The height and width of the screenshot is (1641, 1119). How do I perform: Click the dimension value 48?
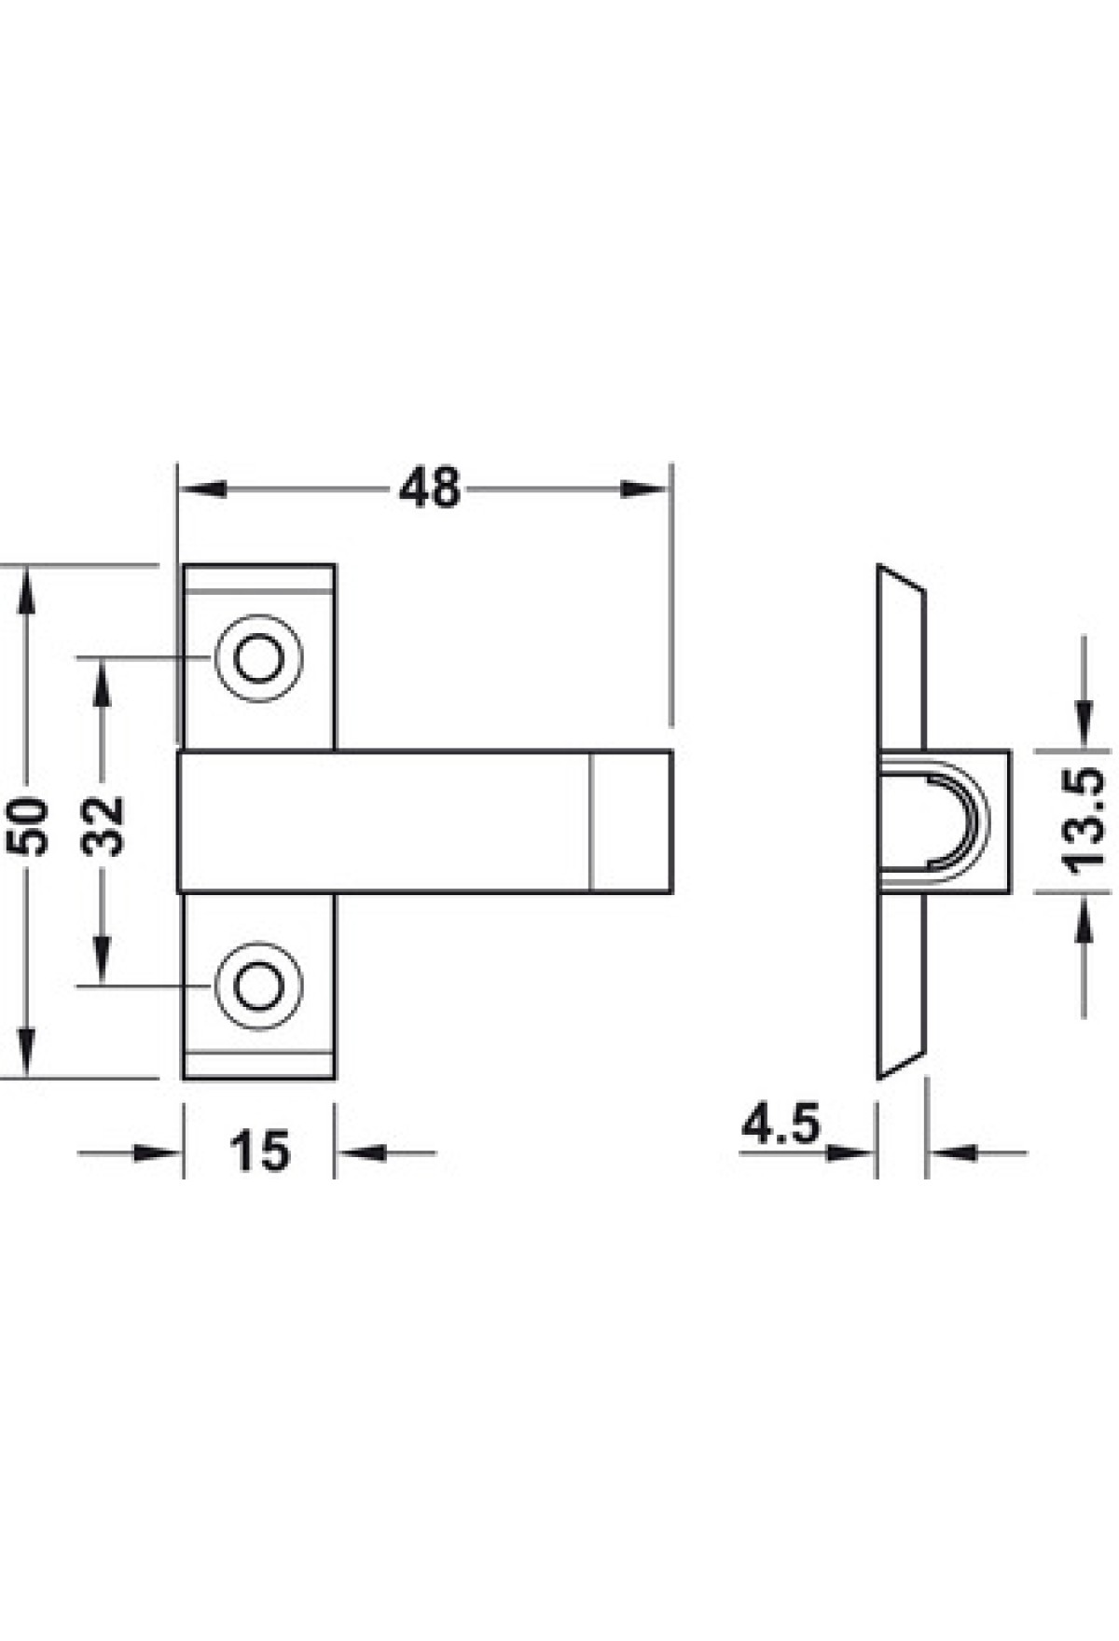click(x=430, y=489)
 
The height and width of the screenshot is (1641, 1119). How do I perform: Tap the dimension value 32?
click(x=103, y=825)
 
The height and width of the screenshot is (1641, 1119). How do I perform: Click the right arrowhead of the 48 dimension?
click(x=646, y=489)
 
